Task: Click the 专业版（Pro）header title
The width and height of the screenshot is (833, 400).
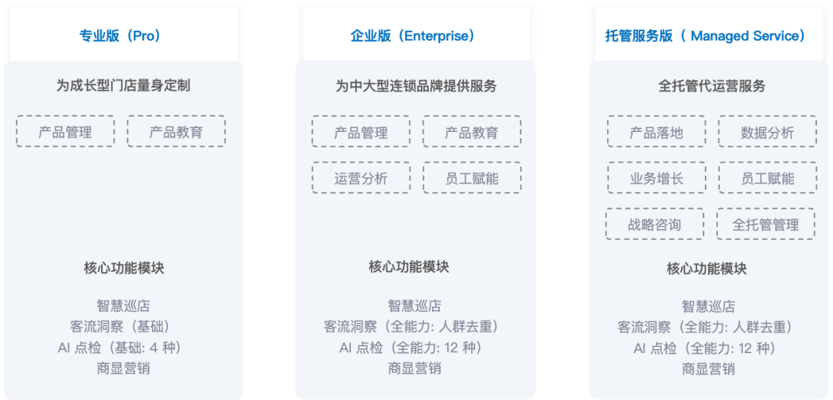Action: pyautogui.click(x=120, y=35)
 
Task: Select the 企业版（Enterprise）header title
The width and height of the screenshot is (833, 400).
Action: pyautogui.click(x=413, y=35)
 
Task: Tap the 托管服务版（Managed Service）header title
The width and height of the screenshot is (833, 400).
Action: pyautogui.click(x=706, y=35)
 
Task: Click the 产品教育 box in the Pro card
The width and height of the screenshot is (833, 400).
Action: pyautogui.click(x=177, y=131)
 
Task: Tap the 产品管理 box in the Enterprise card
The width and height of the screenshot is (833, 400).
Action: pyautogui.click(x=361, y=131)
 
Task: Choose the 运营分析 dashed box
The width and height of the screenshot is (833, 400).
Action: pyautogui.click(x=361, y=177)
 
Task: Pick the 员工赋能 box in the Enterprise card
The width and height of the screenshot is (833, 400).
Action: pyautogui.click(x=472, y=177)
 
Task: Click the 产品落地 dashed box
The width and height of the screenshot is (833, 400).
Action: pyautogui.click(x=656, y=131)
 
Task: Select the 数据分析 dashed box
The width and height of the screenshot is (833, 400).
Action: pyautogui.click(x=767, y=131)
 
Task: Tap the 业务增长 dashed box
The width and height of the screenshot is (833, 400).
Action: pyautogui.click(x=656, y=177)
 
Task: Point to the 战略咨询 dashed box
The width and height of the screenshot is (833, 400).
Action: pyautogui.click(x=655, y=224)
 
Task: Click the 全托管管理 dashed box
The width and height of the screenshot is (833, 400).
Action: pyautogui.click(x=766, y=224)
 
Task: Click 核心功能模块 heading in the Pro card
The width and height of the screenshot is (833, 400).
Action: pyautogui.click(x=123, y=268)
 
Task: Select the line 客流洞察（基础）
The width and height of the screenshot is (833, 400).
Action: pyautogui.click(x=123, y=326)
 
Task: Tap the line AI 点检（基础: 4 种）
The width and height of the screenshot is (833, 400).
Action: pyautogui.click(x=123, y=348)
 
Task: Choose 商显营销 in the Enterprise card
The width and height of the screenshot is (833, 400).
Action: pyautogui.click(x=414, y=368)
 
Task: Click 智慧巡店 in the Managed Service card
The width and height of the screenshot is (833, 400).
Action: pyautogui.click(x=708, y=306)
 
